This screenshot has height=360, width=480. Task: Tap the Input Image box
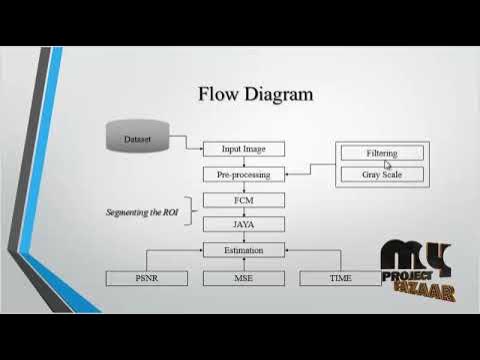click(244, 149)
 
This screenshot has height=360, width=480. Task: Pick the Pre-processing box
click(244, 174)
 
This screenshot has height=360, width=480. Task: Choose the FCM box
click(244, 200)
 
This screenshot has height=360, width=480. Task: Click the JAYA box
click(244, 225)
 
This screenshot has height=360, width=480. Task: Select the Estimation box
click(244, 250)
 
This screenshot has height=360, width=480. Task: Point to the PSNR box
click(146, 276)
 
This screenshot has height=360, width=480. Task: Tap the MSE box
click(244, 276)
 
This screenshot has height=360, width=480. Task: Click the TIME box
click(340, 276)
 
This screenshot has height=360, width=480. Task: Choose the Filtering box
click(381, 153)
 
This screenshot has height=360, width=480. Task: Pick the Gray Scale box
click(381, 174)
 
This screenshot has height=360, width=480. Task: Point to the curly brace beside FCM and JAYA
click(190, 212)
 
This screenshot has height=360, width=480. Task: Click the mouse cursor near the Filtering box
click(388, 166)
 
